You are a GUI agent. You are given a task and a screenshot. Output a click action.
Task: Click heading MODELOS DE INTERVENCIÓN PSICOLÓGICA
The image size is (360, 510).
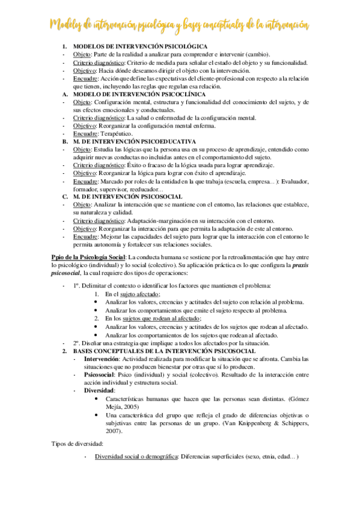[x=140, y=46]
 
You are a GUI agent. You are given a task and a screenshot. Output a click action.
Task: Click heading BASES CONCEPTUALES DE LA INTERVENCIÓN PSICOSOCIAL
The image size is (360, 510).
[x=165, y=350]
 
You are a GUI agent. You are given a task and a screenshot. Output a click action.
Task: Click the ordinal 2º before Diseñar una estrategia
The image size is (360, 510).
[x=77, y=343]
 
